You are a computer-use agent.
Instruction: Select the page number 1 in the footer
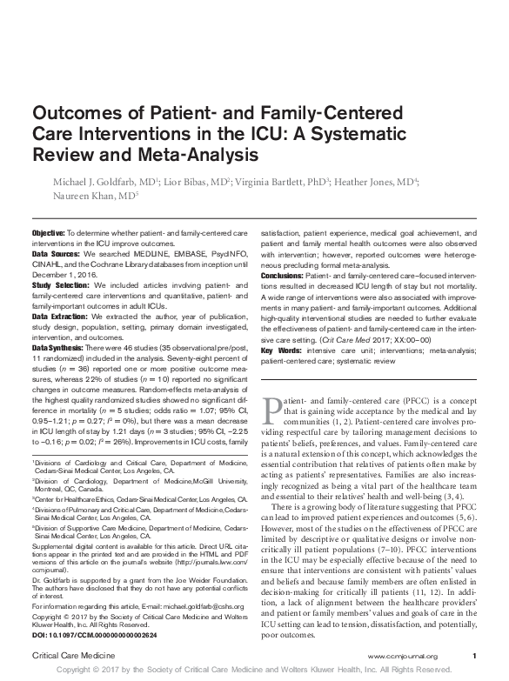(473, 655)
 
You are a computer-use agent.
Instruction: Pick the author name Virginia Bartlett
(265, 183)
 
